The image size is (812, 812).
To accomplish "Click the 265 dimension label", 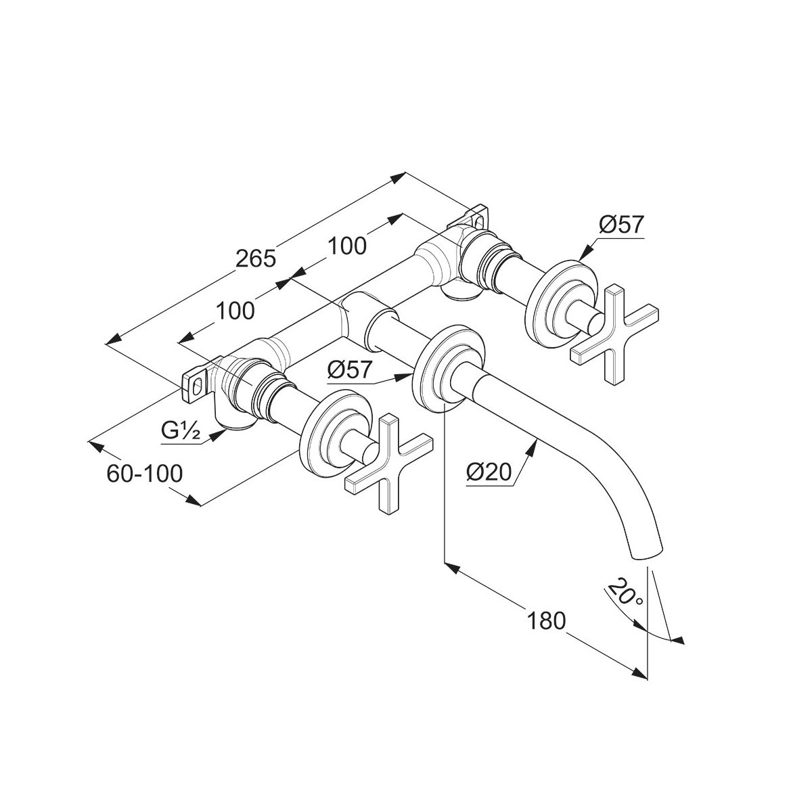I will coord(256,258).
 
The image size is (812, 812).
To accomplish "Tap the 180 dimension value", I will coord(547,620).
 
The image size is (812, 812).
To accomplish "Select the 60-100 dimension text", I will coord(145,473).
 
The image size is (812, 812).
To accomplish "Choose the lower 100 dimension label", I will coord(235,311).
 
